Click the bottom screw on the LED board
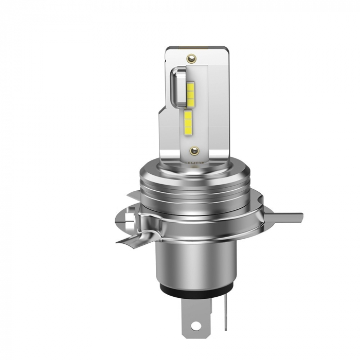194,151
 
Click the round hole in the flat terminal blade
196,325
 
